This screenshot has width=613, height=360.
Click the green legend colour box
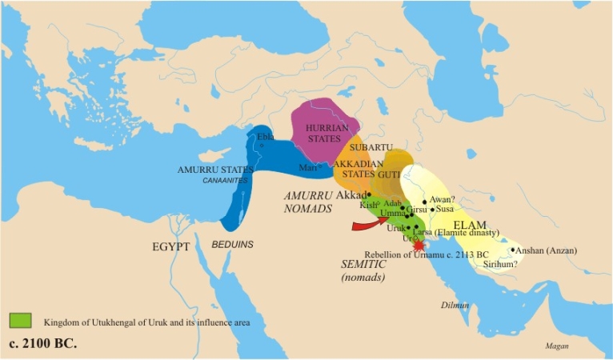coord(20,321)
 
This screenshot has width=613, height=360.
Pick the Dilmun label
coord(453,305)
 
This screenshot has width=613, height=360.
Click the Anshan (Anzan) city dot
coord(513,250)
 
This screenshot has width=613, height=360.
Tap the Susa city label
coord(445,209)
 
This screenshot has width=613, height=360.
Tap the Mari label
coord(306,167)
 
